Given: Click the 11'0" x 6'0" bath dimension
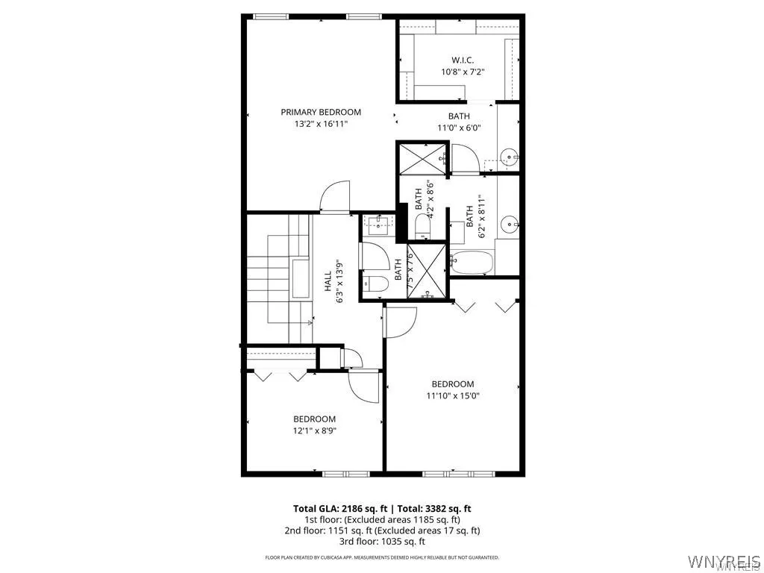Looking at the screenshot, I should click(x=459, y=128).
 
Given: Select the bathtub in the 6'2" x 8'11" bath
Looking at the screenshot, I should click(x=470, y=262).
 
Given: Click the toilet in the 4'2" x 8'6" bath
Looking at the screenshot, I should click(x=422, y=226).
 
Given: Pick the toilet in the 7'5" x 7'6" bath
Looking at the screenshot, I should click(x=375, y=283).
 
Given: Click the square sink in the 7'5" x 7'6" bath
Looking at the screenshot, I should click(x=379, y=223).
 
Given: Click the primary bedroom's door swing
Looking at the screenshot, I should click(x=334, y=195).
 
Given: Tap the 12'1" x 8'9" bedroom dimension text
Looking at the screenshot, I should click(x=314, y=430).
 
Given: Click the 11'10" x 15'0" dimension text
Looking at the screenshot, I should click(x=453, y=396).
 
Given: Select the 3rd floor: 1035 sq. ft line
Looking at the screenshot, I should click(x=381, y=541).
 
